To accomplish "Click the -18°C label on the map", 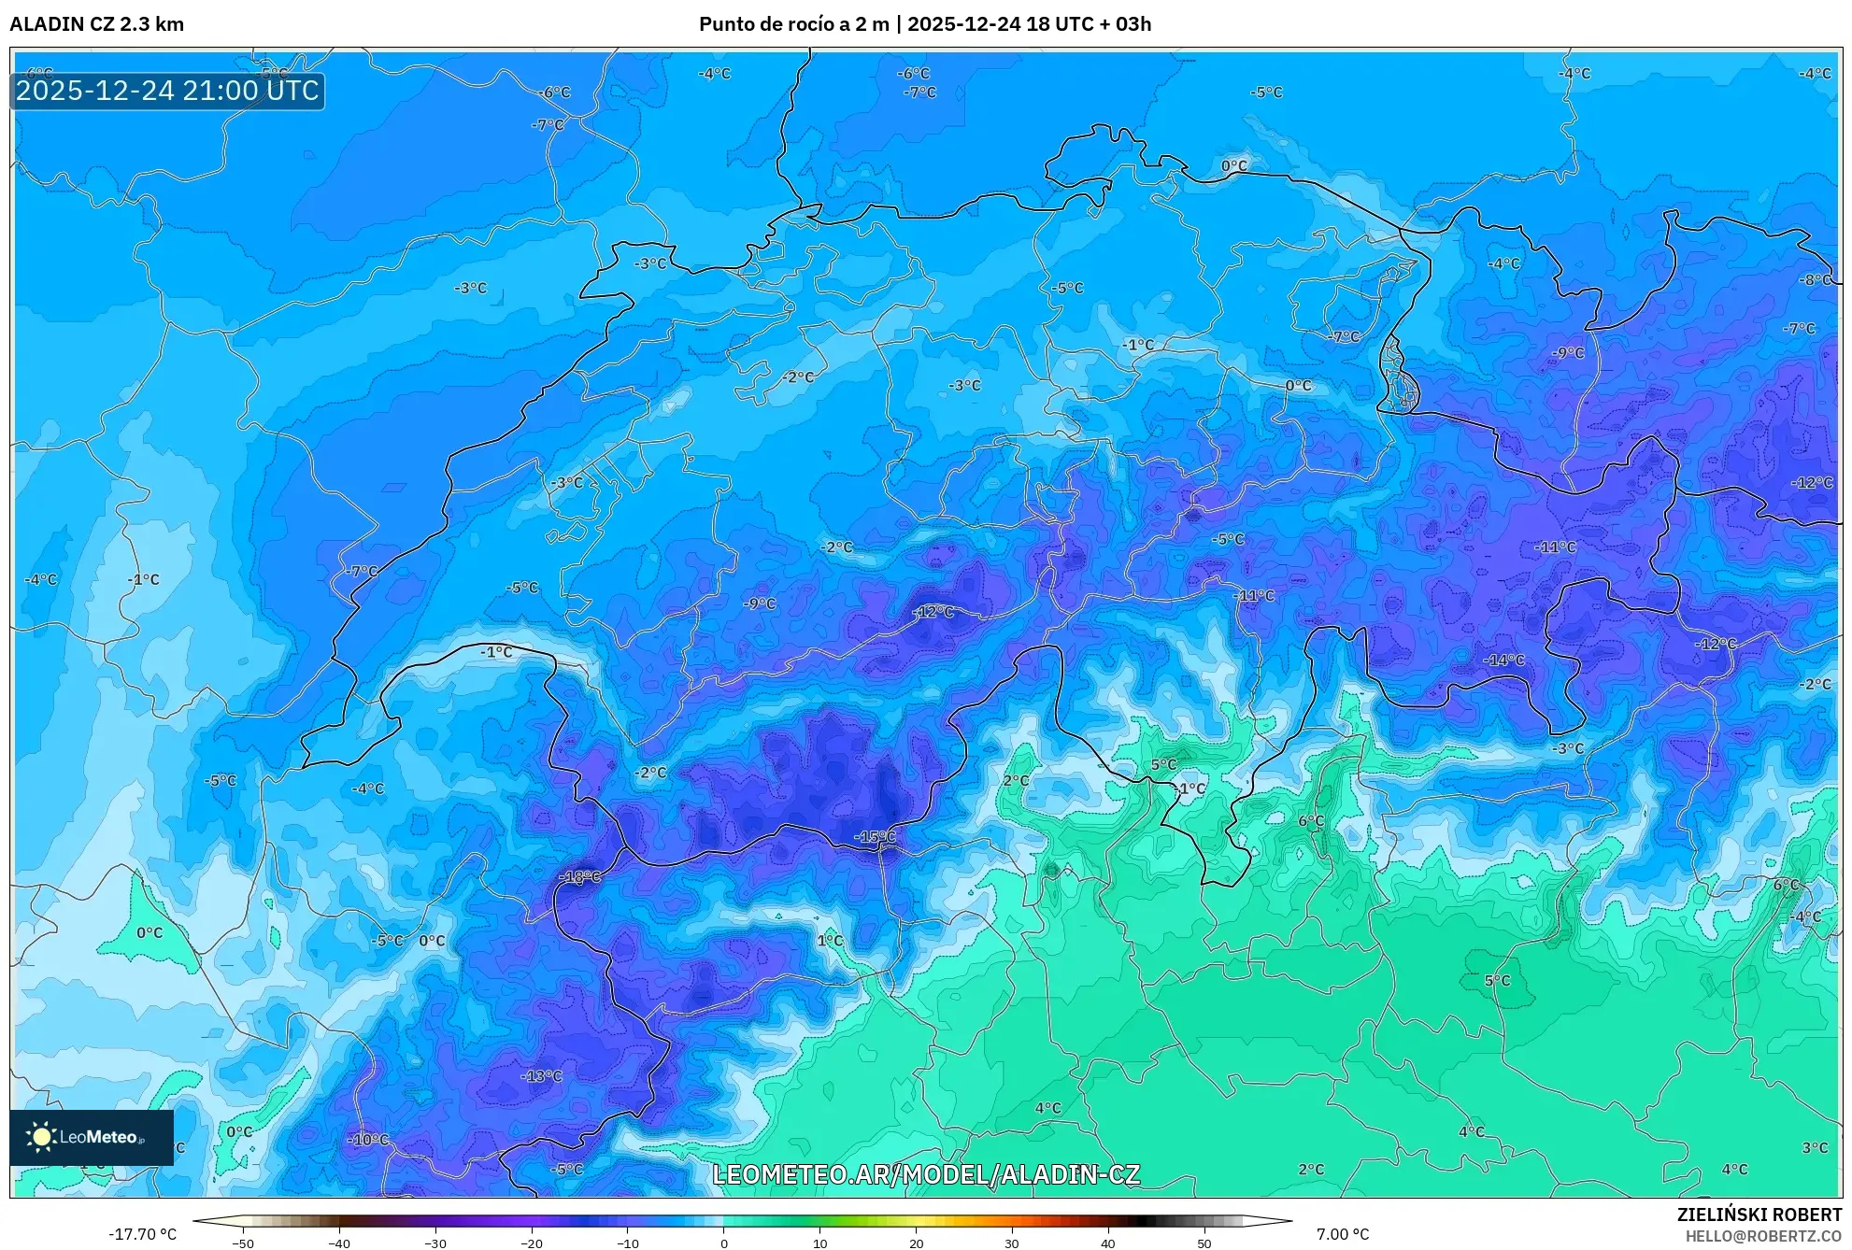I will point(579,876).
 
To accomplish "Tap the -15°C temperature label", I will point(875,836).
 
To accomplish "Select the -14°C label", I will point(1503,660).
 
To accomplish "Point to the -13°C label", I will point(541,1075).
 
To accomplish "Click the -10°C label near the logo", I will point(368,1139).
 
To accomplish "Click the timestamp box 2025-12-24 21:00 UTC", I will point(167,91).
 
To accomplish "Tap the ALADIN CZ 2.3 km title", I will point(96,24).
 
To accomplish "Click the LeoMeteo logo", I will point(92,1137).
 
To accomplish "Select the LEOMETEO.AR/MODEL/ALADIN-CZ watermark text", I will point(925,1174).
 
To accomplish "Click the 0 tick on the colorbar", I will point(724,1243).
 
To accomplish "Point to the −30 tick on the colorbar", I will point(435,1243).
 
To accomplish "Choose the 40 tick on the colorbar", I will point(1108,1243).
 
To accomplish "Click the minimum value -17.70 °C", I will point(142,1234).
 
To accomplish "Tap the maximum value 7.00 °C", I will point(1343,1234).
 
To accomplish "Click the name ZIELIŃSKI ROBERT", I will point(1759,1214).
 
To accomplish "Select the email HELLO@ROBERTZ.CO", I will point(1762,1236).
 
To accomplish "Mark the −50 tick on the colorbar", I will point(243,1243).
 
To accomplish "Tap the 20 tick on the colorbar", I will point(916,1243).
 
